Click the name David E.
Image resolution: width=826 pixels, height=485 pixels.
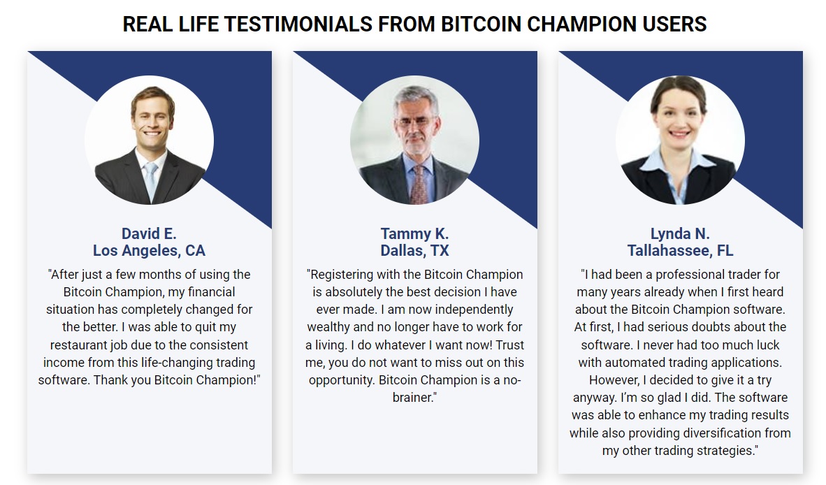pos(149,233)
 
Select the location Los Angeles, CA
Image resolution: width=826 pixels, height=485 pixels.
pos(149,250)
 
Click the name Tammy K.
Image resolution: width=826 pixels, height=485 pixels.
pos(414,233)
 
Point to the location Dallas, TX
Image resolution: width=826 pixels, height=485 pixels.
pos(414,250)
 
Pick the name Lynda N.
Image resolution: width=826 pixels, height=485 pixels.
pos(680,233)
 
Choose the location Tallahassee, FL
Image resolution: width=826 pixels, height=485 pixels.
pos(680,250)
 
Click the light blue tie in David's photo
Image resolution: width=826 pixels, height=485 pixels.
pos(150,178)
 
